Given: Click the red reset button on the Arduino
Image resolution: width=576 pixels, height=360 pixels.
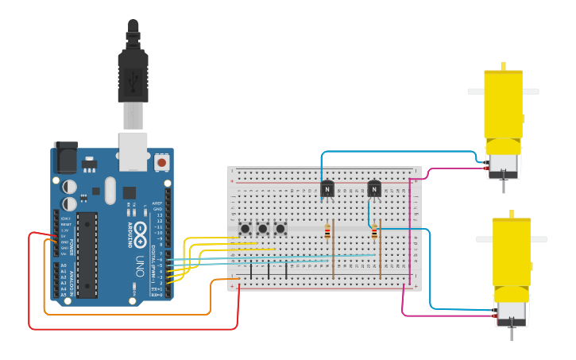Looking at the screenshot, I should [162, 162].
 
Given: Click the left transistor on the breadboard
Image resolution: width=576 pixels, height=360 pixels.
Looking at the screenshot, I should [327, 189].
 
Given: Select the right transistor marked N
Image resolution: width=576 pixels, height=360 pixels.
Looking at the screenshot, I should [374, 189].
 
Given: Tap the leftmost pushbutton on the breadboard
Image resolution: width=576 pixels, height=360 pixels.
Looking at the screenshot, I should [245, 229].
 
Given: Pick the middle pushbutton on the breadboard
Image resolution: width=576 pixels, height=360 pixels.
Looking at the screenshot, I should [263, 229].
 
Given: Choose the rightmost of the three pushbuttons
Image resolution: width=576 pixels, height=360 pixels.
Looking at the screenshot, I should [280, 229].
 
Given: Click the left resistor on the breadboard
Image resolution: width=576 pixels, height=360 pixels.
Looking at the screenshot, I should [327, 232].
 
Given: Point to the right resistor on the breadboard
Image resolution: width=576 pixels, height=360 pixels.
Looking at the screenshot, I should [374, 232].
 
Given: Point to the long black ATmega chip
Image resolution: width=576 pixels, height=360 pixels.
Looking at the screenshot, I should [87, 254].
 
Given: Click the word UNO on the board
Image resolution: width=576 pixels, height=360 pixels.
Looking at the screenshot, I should [141, 262].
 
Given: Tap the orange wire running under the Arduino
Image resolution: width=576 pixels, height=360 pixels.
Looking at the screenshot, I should [127, 315].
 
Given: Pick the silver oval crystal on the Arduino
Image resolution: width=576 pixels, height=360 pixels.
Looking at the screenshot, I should [110, 190].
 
